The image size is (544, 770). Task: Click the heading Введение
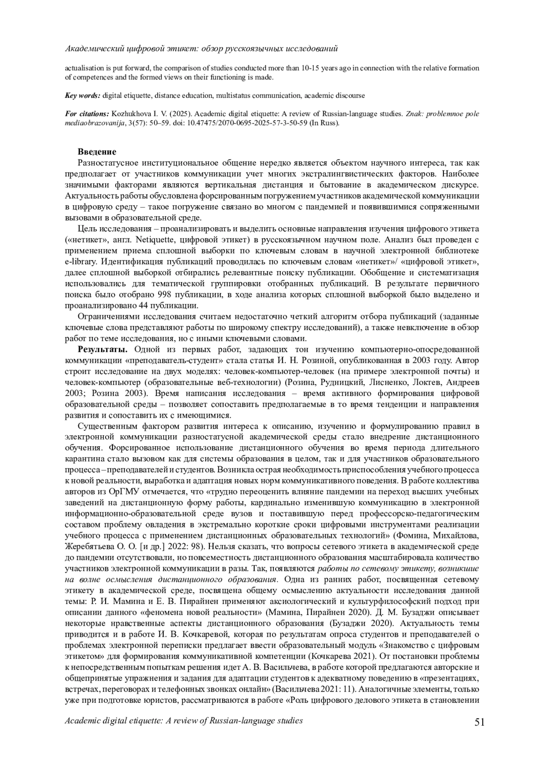[x=97, y=151]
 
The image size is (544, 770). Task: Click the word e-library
[x=80, y=262]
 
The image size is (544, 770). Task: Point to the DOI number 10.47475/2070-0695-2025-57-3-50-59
[x=254, y=122]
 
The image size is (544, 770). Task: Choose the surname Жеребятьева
[x=94, y=546]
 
